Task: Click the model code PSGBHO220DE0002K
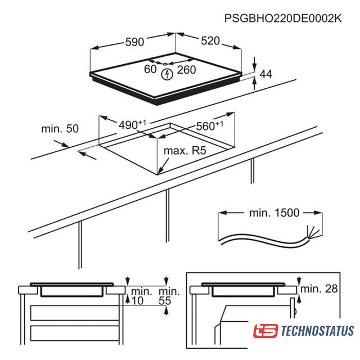[283, 18]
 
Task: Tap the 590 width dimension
[134, 42]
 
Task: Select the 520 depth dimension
[210, 41]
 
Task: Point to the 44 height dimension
[266, 74]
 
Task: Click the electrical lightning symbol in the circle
[167, 74]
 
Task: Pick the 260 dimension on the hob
[186, 70]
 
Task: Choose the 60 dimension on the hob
[150, 69]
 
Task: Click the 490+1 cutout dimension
[132, 125]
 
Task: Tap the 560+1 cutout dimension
[209, 126]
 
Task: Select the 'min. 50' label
[60, 129]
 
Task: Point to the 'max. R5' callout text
[185, 151]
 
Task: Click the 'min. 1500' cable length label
[274, 213]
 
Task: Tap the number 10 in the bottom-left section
[137, 301]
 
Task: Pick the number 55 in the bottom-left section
[165, 301]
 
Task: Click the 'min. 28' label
[319, 289]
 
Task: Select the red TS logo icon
[265, 331]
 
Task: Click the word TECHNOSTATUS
[317, 331]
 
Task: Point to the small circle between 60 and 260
[165, 64]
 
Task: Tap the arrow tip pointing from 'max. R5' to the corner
[159, 174]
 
